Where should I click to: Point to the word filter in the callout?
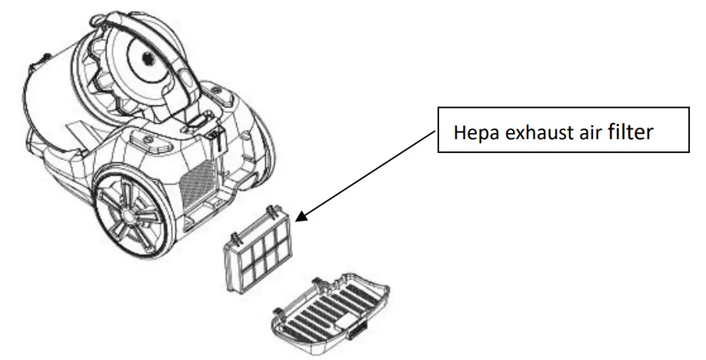coord(633,132)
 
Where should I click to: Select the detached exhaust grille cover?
coord(331,311)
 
